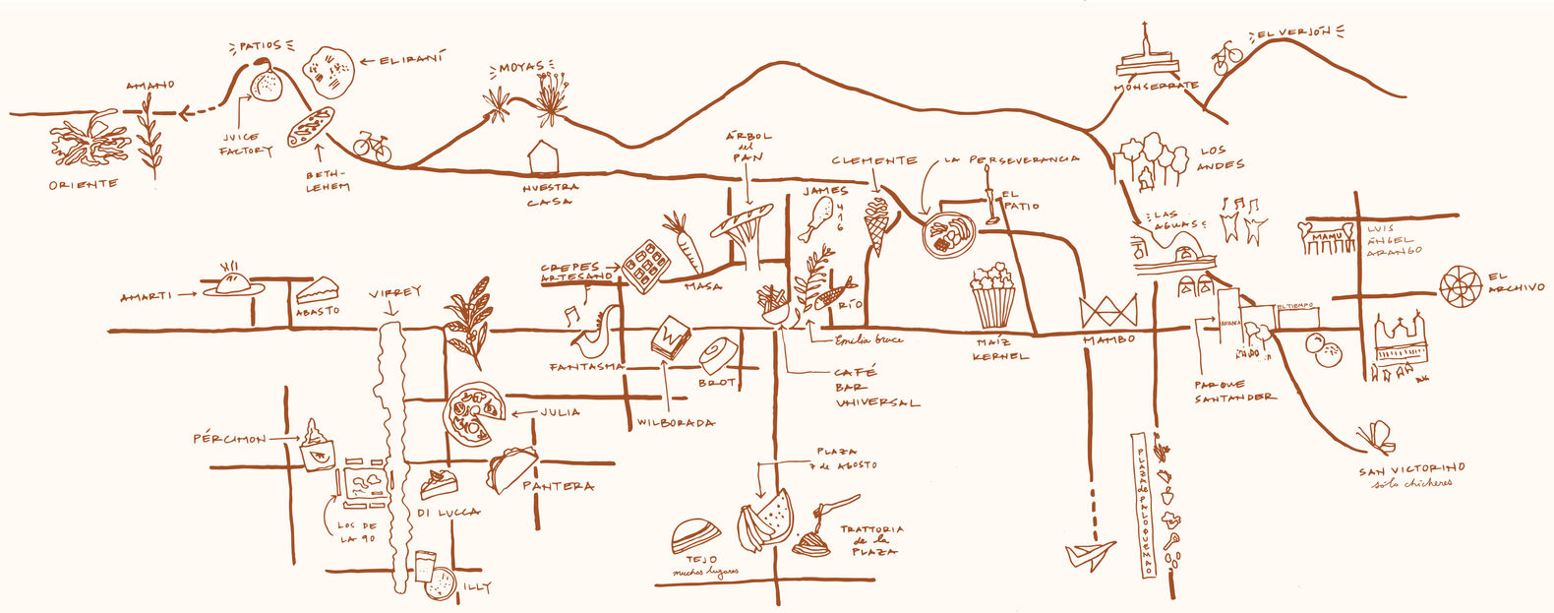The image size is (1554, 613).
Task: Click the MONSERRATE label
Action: (x=1156, y=87)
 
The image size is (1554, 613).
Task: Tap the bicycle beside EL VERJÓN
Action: (x=1226, y=57)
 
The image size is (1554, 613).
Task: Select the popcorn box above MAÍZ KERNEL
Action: (x=993, y=295)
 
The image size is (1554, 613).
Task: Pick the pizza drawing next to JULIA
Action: (x=474, y=414)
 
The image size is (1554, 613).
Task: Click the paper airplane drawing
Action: (x=1090, y=554)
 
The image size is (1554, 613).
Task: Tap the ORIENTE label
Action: (x=84, y=185)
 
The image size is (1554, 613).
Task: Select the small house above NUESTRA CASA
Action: (x=544, y=157)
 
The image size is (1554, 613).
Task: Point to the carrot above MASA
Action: (x=686, y=244)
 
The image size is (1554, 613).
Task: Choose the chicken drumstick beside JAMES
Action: (x=818, y=217)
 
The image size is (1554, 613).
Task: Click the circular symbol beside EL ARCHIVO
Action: (x=1460, y=285)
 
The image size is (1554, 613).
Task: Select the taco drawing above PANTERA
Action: (x=510, y=468)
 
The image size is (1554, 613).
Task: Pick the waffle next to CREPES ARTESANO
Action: (x=646, y=264)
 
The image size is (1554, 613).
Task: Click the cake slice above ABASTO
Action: (x=318, y=290)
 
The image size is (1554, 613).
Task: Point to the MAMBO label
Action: (x=1108, y=339)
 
